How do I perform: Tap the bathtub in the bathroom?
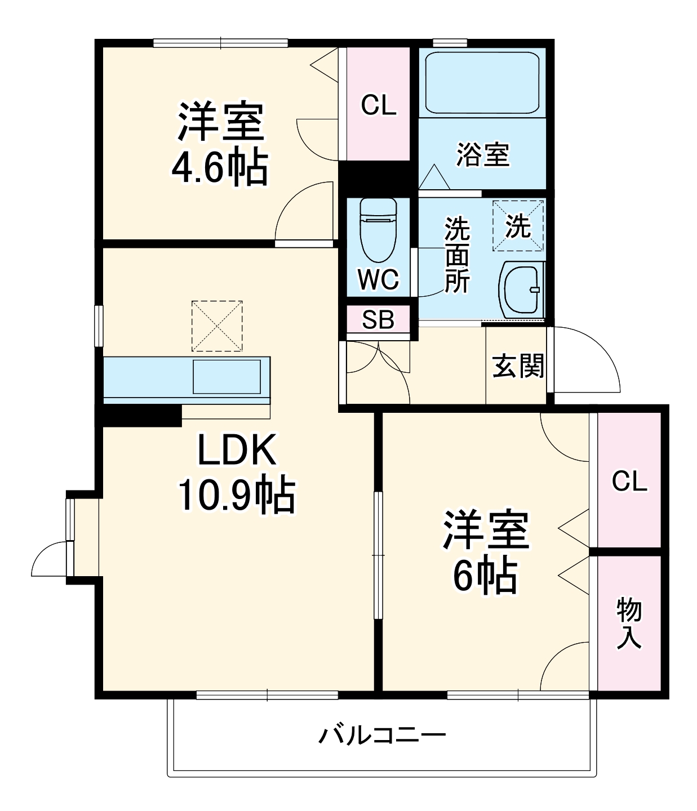tap(482, 82)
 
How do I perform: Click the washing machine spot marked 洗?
tap(518, 226)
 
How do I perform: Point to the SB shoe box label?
tap(378, 320)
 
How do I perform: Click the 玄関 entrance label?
tap(518, 366)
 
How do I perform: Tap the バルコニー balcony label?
tap(383, 735)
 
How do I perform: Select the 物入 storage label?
tap(629, 623)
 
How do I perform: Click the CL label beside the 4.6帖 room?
tap(378, 105)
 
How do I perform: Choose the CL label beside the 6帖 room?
tap(629, 482)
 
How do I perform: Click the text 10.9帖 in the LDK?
tap(237, 495)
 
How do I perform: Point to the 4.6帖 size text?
tap(219, 168)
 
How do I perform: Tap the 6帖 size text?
tap(485, 575)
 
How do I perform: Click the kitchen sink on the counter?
tap(227, 376)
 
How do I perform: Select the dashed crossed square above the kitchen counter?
tap(217, 326)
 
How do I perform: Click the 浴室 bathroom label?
tap(482, 154)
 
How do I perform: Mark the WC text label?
tap(378, 279)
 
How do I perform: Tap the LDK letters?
tap(237, 451)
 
